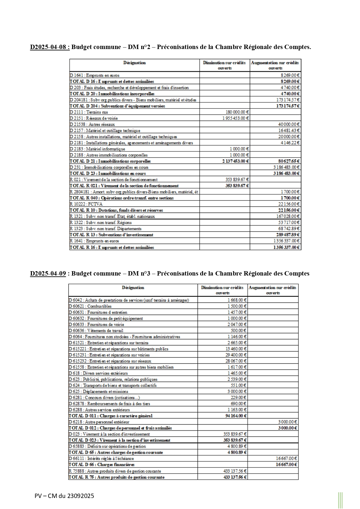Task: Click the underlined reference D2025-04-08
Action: tap(50, 47)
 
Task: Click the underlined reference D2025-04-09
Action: tap(48, 273)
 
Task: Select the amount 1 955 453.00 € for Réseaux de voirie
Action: tap(236, 118)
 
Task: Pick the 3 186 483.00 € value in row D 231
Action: tap(286, 167)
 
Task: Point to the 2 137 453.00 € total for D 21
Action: tap(236, 161)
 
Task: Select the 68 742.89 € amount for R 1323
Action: tap(288, 229)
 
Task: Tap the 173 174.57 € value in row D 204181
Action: tap(288, 100)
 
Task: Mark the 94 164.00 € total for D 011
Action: tap(236, 416)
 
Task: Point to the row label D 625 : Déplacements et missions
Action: tap(98, 392)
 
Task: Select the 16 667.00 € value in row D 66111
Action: tap(286, 459)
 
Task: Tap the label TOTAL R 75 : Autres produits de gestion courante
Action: tap(117, 477)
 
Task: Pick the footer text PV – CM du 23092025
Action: tap(64, 496)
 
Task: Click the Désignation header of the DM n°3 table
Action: tap(133, 288)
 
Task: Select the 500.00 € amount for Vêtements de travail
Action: tap(239, 331)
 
